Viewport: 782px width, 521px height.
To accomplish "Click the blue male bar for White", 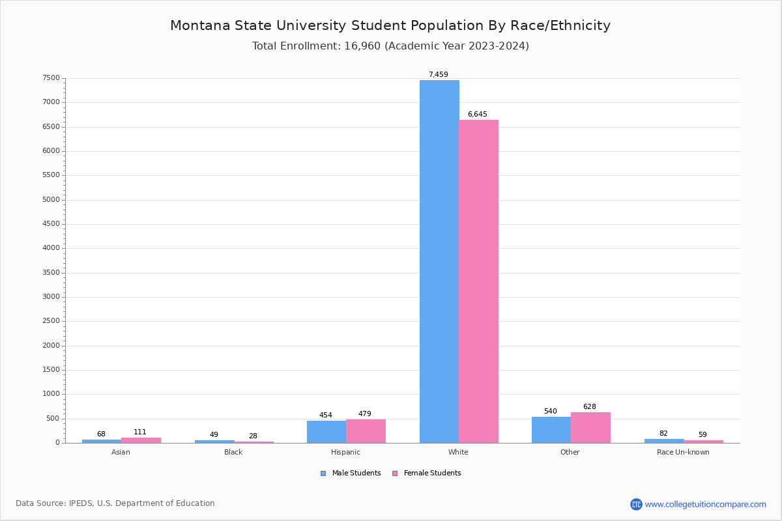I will pos(439,261).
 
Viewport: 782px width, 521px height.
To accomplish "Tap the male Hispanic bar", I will pos(326,432).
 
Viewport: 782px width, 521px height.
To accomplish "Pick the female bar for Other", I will pos(590,427).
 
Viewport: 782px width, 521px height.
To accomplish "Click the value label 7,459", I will pos(438,74).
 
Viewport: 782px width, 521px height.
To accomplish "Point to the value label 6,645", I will pos(477,114).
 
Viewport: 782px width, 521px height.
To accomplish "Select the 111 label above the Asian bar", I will pos(140,432).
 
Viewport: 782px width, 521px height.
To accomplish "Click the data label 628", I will pos(589,406).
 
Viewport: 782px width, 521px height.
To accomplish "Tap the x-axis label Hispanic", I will pos(345,452).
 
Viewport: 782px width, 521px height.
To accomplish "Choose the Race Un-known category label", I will pos(683,452).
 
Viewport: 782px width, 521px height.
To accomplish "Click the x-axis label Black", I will pos(233,452).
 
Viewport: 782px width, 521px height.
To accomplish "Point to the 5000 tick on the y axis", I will pos(51,199).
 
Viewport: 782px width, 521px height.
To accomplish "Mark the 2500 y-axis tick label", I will pos(51,321).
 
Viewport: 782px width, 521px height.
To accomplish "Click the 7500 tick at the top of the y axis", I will pos(51,78).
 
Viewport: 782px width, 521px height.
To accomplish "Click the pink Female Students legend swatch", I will pos(394,473).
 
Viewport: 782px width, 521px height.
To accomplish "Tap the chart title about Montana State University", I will pos(390,25).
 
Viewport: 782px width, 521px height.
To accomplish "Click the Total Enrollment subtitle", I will pos(390,46).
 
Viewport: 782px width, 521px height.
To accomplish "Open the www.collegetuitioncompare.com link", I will pos(705,504).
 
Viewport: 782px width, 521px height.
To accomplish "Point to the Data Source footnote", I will pos(115,503).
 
